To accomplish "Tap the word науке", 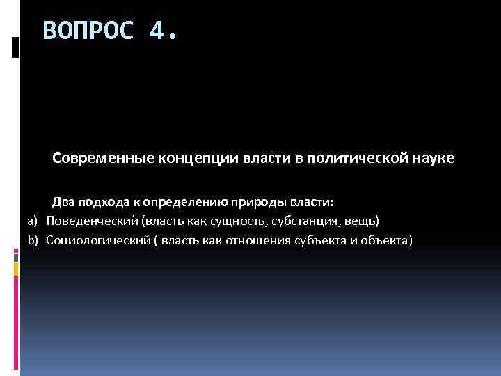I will [434, 159].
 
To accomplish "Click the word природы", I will [255, 202].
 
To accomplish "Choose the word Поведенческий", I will [91, 221].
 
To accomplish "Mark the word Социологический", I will [95, 241].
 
